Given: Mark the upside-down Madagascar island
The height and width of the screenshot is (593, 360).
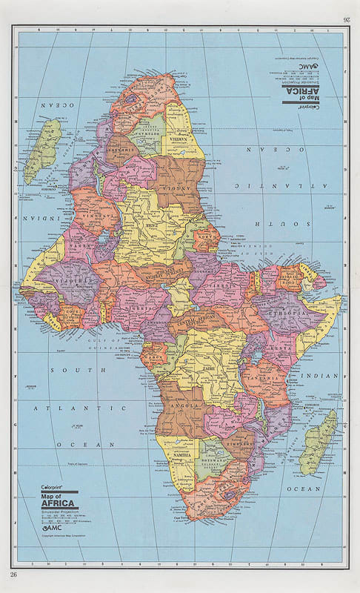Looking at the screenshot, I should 42,150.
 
